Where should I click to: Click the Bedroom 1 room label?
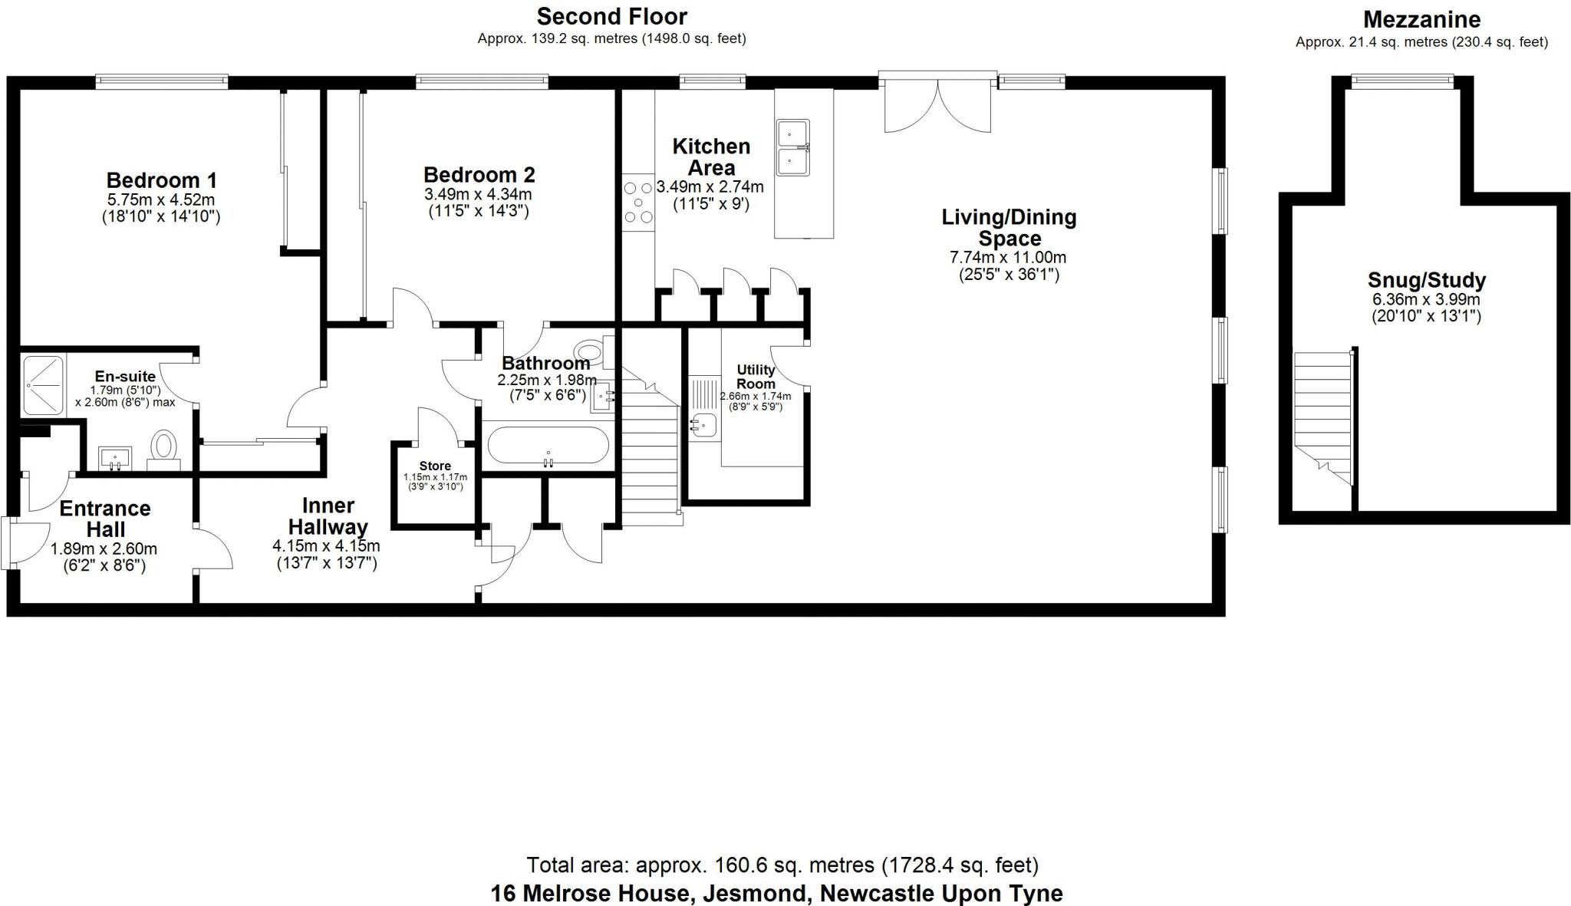(x=161, y=180)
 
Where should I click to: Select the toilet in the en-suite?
(x=163, y=448)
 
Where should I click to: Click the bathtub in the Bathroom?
(x=548, y=446)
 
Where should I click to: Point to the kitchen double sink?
(x=792, y=147)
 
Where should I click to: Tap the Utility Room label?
(x=756, y=377)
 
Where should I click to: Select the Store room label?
(x=435, y=466)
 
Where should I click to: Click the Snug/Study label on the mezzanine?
(x=1426, y=280)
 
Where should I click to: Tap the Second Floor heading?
(x=611, y=16)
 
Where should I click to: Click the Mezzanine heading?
(x=1421, y=19)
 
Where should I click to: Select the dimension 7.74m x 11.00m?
(x=1007, y=258)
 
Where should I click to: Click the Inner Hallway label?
(x=328, y=516)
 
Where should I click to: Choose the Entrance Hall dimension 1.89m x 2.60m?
(x=104, y=549)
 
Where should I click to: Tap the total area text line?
(x=782, y=865)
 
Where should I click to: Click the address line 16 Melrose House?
(x=776, y=894)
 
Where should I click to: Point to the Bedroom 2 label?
(x=479, y=175)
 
